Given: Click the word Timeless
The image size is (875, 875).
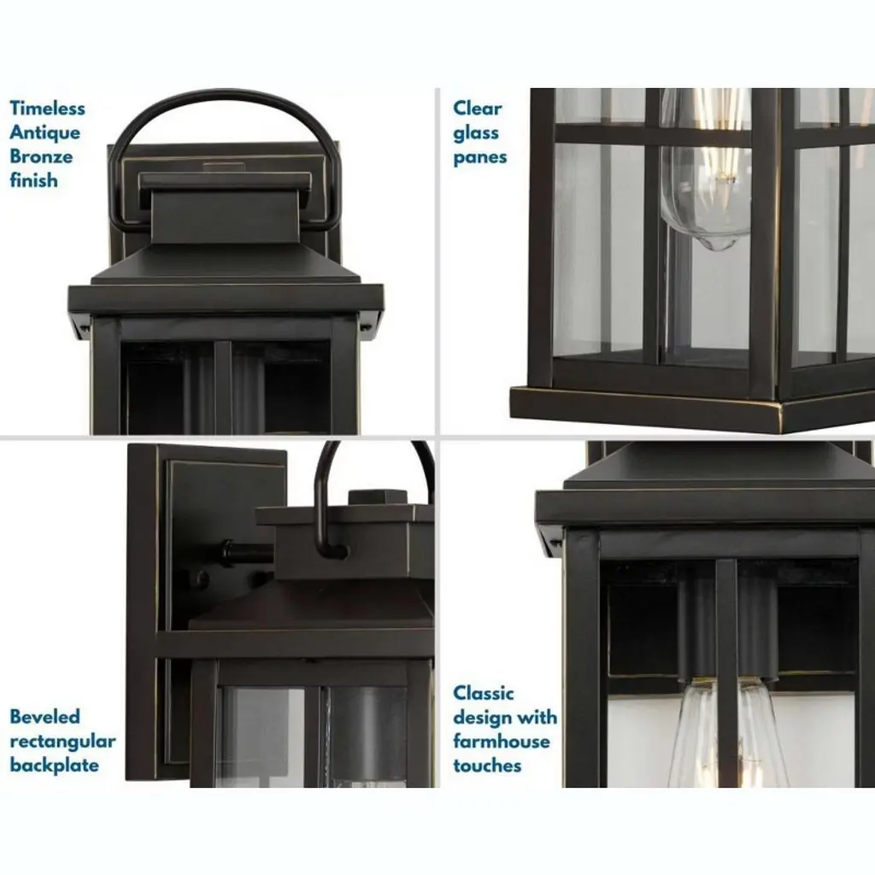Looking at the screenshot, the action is coord(48,108).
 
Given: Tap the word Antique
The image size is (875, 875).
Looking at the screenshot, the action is coord(44,132).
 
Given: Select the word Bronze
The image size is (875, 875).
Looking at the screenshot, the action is coord(41,156).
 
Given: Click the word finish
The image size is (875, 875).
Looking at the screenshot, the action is coord(33,180).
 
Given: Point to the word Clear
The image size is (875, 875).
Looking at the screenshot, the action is coord(478,108).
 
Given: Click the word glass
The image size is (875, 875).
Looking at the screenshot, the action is coord(476,133).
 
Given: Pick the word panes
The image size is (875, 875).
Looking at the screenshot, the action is coord(480,158).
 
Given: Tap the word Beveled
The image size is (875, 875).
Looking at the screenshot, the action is coord(45,716).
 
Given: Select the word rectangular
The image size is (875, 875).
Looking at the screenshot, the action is coord(63,742).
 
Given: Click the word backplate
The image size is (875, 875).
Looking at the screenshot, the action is coord(54,765).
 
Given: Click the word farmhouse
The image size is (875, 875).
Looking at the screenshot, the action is coord(502,741).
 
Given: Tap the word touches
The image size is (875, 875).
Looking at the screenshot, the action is coord(487,766).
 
